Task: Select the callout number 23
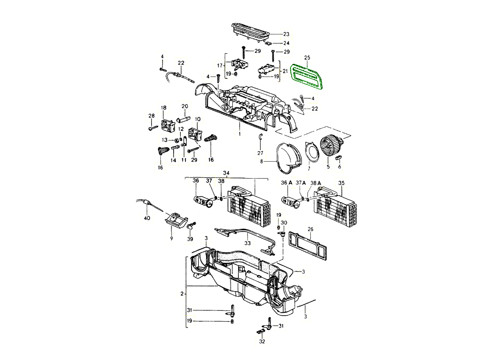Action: (286, 34)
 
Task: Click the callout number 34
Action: (226, 173)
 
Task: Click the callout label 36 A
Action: (286, 183)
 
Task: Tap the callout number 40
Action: (147, 218)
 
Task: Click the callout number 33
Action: (248, 243)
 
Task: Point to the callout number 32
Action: (262, 342)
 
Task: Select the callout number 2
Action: (182, 294)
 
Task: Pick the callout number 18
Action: (163, 108)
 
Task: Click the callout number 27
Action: (260, 153)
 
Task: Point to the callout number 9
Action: (171, 238)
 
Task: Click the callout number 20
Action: (184, 106)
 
